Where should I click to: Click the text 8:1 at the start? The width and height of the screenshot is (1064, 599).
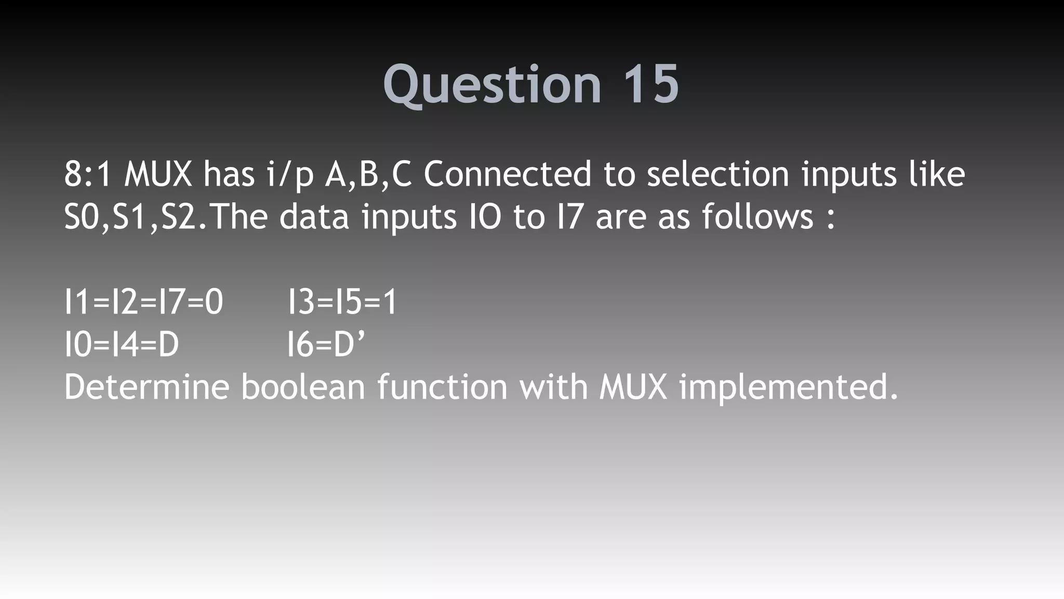tap(88, 174)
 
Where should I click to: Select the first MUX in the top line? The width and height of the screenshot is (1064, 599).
tap(158, 174)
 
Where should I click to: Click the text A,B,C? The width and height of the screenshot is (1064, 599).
tap(368, 175)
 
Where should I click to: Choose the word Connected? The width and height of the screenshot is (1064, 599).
tap(507, 174)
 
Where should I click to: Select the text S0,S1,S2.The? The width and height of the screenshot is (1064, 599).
tap(166, 217)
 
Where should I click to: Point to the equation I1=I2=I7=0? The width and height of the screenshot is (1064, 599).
tap(144, 302)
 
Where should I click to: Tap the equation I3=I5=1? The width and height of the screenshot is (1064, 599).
tap(342, 302)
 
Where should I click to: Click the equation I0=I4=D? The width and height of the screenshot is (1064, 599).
tap(122, 345)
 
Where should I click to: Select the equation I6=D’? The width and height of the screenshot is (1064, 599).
tap(326, 345)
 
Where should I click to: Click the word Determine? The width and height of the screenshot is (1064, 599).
tap(147, 387)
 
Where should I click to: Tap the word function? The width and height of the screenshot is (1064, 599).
tap(442, 387)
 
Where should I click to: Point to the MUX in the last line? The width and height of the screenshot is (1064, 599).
tap(633, 387)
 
